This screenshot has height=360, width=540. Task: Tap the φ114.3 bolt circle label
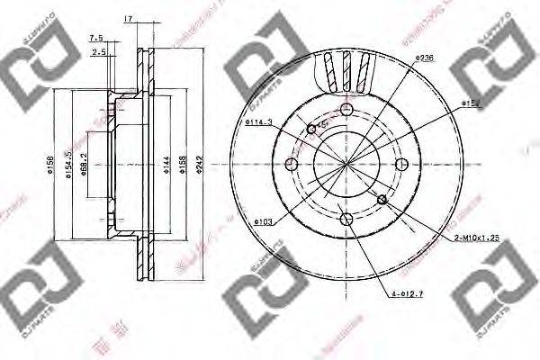point(257,122)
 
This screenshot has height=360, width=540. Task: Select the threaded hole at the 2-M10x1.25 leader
point(383,200)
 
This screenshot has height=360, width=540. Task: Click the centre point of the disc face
point(346,164)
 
